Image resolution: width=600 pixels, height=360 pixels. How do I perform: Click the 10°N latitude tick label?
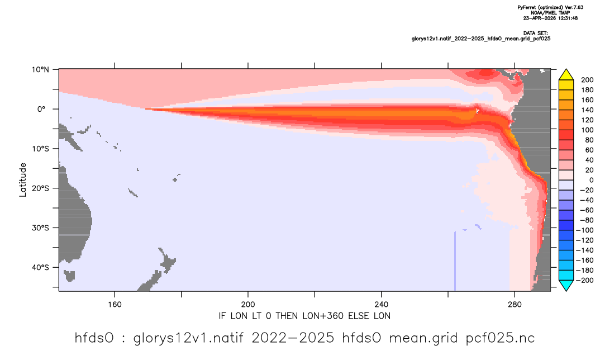(40, 70)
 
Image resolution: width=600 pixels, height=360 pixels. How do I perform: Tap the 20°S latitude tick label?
(40, 188)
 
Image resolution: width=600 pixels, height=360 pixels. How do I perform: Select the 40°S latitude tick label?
(40, 267)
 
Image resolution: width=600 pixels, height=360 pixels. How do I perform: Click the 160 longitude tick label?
(115, 305)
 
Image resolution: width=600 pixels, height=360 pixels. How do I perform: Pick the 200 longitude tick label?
(248, 305)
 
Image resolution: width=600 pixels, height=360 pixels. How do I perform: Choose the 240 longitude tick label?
(382, 305)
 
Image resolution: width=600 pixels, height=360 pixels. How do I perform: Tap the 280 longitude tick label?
(515, 305)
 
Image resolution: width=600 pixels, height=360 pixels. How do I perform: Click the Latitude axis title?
(23, 180)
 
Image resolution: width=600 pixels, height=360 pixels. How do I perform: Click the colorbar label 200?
(587, 80)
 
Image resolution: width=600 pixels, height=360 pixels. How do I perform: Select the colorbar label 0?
(591, 181)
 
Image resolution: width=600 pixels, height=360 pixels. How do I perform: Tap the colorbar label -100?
(585, 230)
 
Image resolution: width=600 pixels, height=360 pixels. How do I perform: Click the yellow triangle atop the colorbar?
(566, 75)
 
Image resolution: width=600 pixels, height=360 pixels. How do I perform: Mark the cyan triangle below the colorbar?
(566, 285)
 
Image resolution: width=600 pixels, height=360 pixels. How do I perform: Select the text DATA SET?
(535, 34)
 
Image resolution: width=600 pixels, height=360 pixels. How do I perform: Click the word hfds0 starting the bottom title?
(94, 338)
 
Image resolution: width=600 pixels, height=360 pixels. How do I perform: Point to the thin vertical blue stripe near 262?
(455, 261)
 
